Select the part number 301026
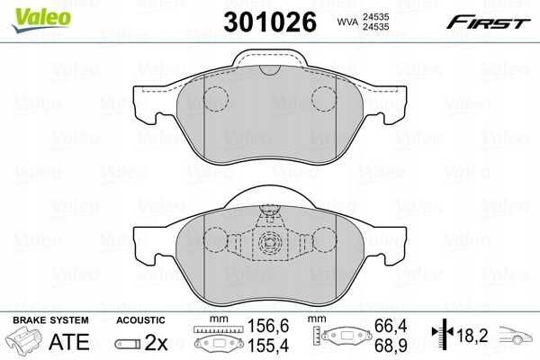click(270, 22)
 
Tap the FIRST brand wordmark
click(489, 22)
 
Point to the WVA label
click(347, 22)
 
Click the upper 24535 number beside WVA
click(375, 16)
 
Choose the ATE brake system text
click(69, 342)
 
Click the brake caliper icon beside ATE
click(23, 339)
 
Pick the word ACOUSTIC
click(140, 320)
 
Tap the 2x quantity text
click(156, 342)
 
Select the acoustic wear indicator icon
click(128, 344)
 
